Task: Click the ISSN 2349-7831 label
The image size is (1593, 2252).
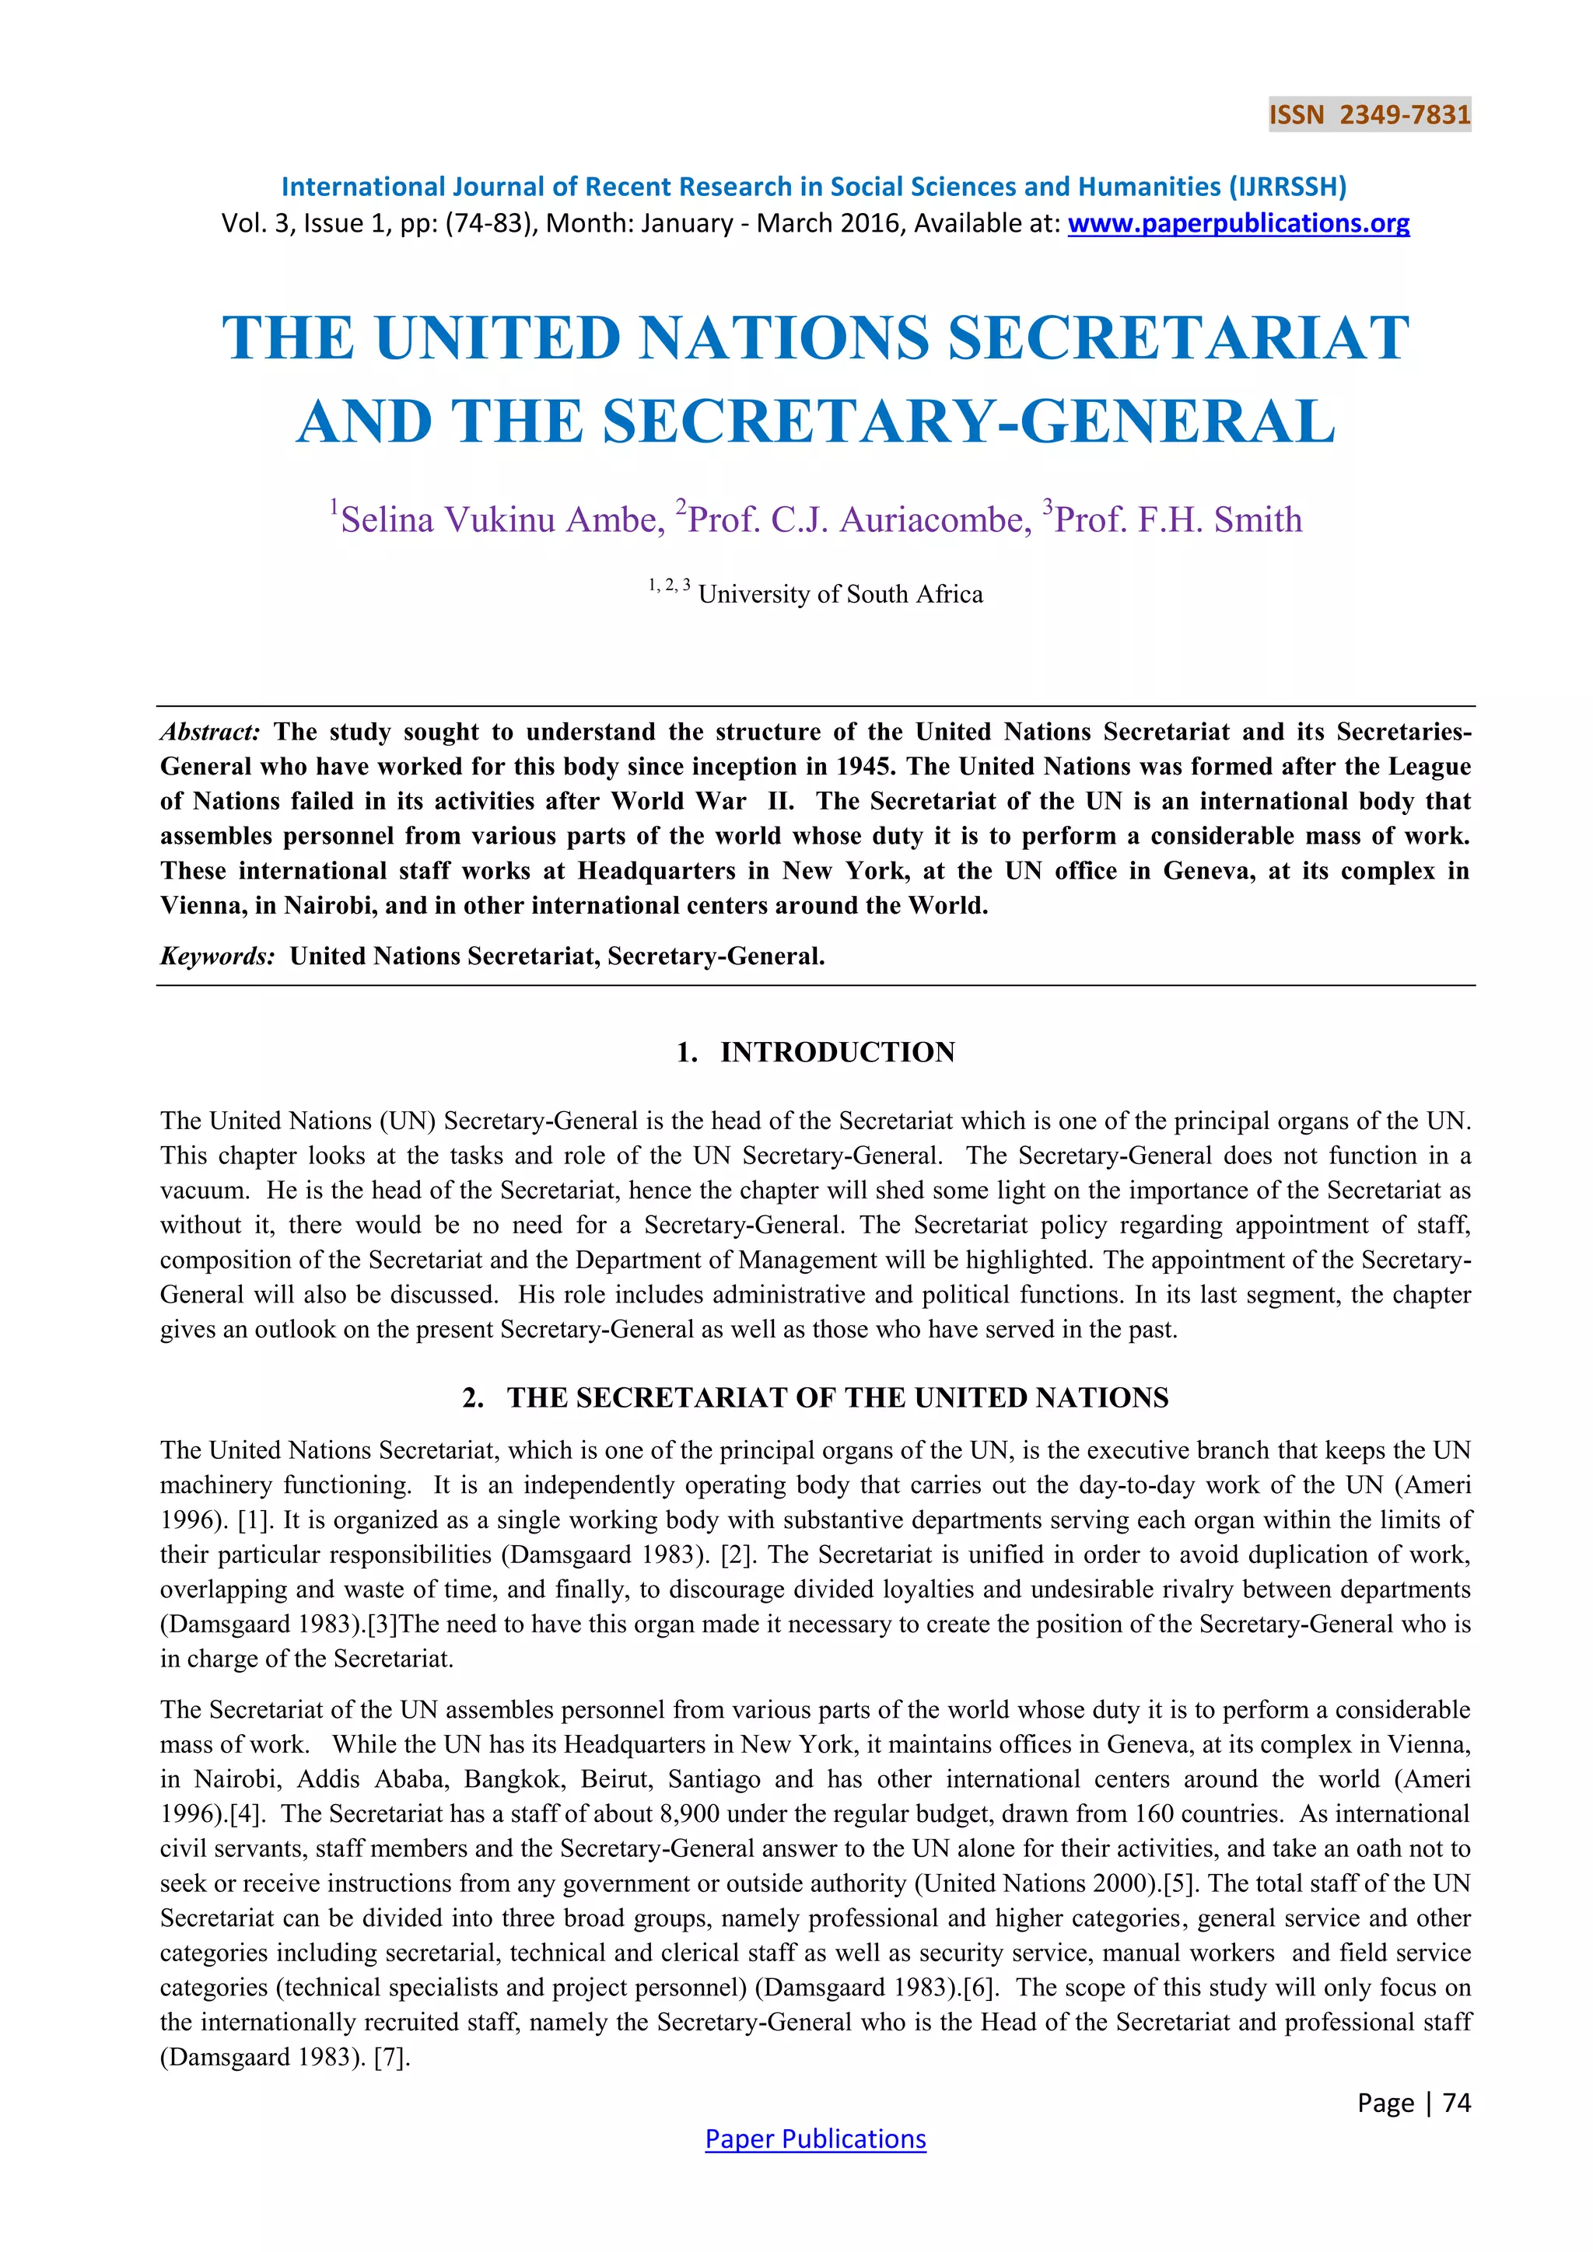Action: tap(1369, 115)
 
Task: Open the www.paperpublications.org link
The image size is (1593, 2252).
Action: tap(1238, 224)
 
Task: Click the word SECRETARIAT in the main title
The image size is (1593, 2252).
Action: tap(1178, 337)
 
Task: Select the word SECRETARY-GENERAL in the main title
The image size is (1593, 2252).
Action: tap(968, 421)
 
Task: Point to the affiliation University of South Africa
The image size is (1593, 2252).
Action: tap(839, 594)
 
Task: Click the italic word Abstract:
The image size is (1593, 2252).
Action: tap(210, 732)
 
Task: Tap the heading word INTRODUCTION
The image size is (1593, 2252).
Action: tap(837, 1052)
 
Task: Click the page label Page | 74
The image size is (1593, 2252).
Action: tap(1413, 2102)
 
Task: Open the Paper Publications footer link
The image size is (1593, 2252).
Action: tap(815, 2138)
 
